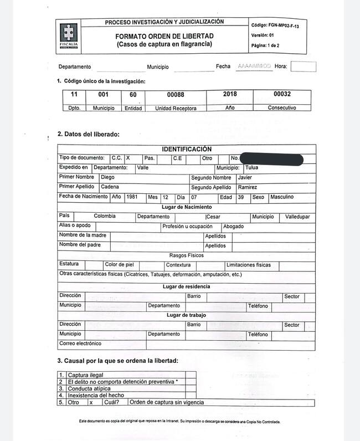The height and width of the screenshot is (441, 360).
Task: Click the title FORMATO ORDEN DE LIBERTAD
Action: pyautogui.click(x=164, y=36)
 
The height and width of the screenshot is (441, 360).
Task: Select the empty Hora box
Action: pyautogui.click(x=303, y=66)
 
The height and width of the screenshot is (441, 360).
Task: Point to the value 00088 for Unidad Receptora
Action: pyautogui.click(x=176, y=95)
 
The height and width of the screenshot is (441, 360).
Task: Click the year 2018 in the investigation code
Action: pyautogui.click(x=229, y=94)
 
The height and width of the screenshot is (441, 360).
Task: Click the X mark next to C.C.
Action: pyautogui.click(x=128, y=158)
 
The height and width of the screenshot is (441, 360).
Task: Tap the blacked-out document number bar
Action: pyautogui.click(x=271, y=160)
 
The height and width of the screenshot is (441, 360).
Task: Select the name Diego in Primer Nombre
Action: pyautogui.click(x=107, y=177)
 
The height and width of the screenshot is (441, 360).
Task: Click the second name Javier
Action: pyautogui.click(x=244, y=177)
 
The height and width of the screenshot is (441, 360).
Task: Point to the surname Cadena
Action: pyautogui.click(x=110, y=187)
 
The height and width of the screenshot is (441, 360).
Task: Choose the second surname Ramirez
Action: pyautogui.click(x=247, y=187)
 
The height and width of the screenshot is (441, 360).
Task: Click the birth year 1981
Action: pyautogui.click(x=132, y=197)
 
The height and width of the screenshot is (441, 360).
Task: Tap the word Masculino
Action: pyautogui.click(x=282, y=197)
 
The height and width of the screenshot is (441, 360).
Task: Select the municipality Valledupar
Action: pyautogui.click(x=297, y=217)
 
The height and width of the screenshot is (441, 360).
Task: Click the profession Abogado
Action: pyautogui.click(x=233, y=226)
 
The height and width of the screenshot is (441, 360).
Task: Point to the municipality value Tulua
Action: pyautogui.click(x=251, y=167)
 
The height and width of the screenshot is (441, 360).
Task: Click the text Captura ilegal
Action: pyautogui.click(x=85, y=375)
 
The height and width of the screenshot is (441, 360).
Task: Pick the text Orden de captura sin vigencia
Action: pyautogui.click(x=167, y=402)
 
